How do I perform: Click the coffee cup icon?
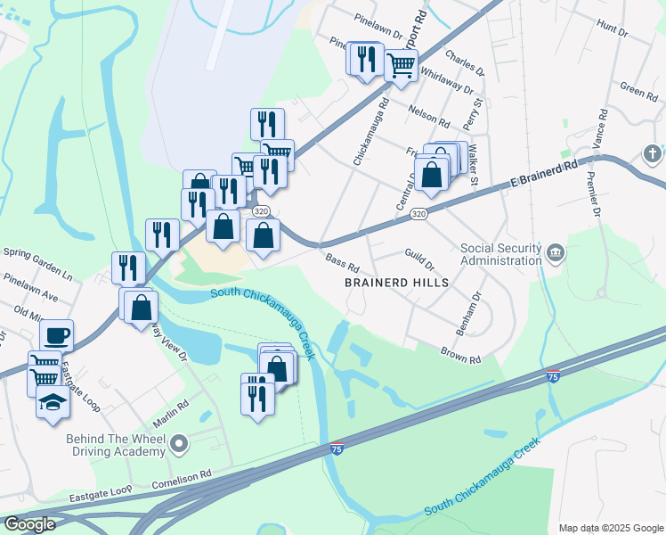click(57, 335)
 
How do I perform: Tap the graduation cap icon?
click(53, 402)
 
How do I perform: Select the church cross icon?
click(654, 153)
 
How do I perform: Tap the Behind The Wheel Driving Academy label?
click(116, 444)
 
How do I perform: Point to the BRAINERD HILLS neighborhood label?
click(396, 282)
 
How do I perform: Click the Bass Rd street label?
click(342, 265)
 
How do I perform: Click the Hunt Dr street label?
click(613, 29)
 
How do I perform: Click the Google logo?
click(29, 523)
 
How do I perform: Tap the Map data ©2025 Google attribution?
click(610, 528)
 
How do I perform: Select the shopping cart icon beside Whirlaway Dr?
click(402, 65)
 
